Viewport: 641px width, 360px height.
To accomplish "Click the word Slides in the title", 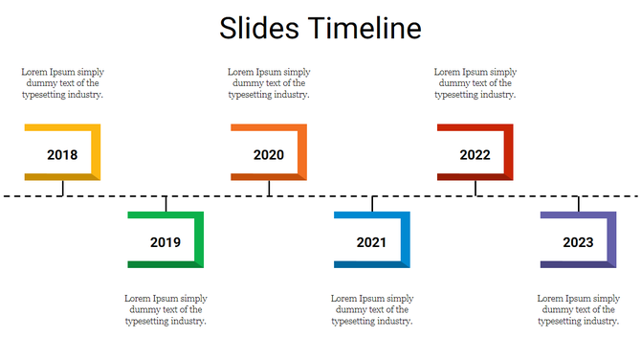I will pos(258,28).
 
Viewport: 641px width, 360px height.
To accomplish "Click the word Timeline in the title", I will pos(365,28).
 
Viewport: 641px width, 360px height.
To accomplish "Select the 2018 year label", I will pos(62,155).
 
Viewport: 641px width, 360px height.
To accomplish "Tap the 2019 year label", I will pos(166,242).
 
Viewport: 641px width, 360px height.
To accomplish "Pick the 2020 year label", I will pos(269,155).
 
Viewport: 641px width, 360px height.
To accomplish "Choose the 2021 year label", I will pos(372,242).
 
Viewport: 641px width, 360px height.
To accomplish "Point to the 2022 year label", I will pos(475,155).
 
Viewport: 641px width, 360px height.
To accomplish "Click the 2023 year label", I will pos(578,242).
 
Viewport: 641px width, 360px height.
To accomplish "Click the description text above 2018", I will pos(63,83).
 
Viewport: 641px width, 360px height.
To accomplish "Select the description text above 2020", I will pos(269,83).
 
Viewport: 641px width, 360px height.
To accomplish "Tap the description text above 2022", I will pos(475,83).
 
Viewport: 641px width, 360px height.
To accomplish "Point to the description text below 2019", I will pos(166,309).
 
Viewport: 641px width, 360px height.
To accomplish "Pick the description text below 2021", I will pos(372,309).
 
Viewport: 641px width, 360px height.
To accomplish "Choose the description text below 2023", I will pos(578,309).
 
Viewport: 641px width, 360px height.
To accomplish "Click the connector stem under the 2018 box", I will pos(62,188).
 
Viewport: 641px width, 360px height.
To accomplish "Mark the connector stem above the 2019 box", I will pos(166,204).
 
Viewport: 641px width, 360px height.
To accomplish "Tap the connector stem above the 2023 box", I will pos(578,204).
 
